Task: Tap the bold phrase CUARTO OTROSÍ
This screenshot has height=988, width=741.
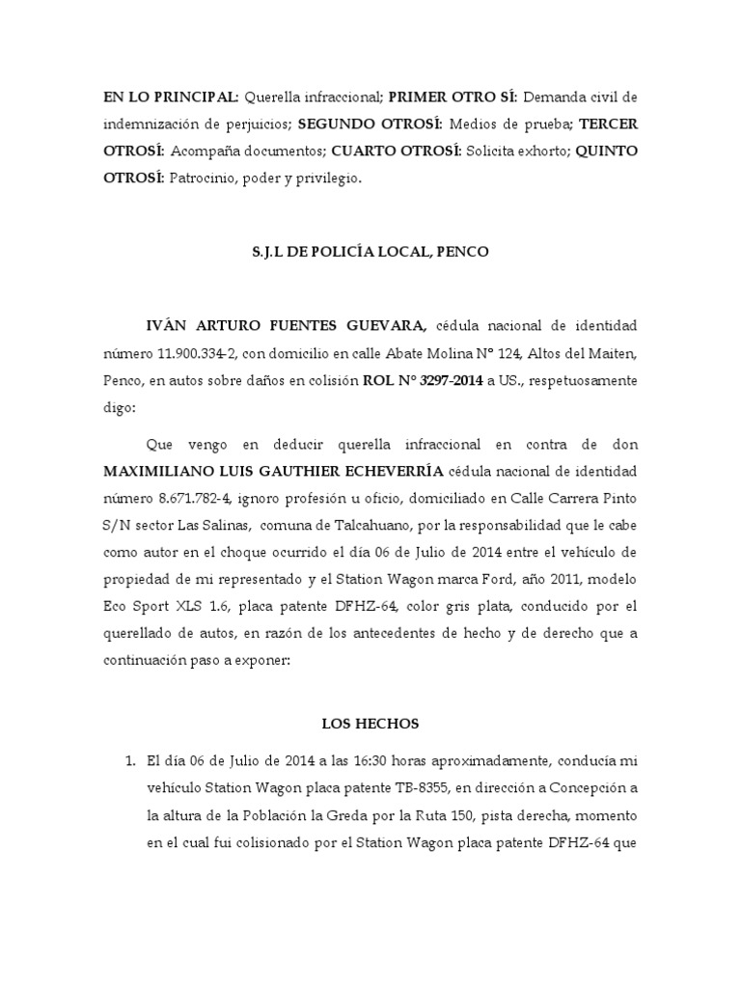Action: (x=395, y=151)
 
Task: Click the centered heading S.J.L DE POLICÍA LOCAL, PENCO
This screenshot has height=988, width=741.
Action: (x=370, y=252)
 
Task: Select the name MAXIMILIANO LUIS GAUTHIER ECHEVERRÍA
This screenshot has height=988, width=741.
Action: (x=275, y=471)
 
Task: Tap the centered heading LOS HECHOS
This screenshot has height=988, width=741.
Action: (x=370, y=722)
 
